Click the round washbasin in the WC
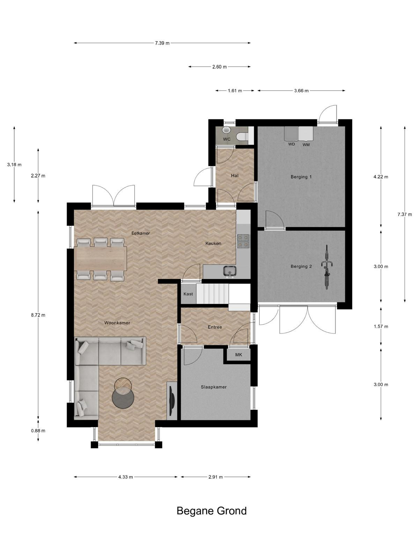tap(226, 130)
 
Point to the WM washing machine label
tap(306, 145)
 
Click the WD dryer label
tap(292, 144)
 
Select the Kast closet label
tap(188, 294)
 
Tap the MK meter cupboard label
tap(238, 355)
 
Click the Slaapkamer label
tap(214, 387)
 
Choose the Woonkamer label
tap(117, 323)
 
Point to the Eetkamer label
tap(141, 233)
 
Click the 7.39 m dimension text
tap(162, 43)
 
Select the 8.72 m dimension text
tap(38, 315)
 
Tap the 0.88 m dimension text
tap(38, 431)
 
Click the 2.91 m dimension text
tap(215, 477)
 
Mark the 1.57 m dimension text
tap(381, 326)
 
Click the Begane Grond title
tap(212, 511)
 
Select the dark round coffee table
tap(123, 398)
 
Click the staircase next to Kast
tap(212, 294)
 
